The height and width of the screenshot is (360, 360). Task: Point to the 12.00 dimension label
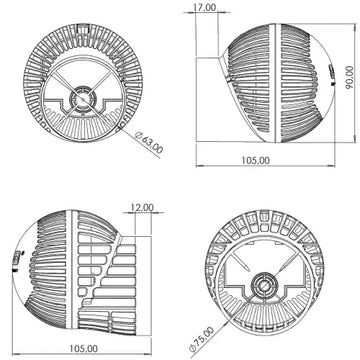pos(141,208)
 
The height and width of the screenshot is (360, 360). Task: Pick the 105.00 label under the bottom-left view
pos(84,348)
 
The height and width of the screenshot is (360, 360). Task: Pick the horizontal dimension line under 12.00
pos(141,214)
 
